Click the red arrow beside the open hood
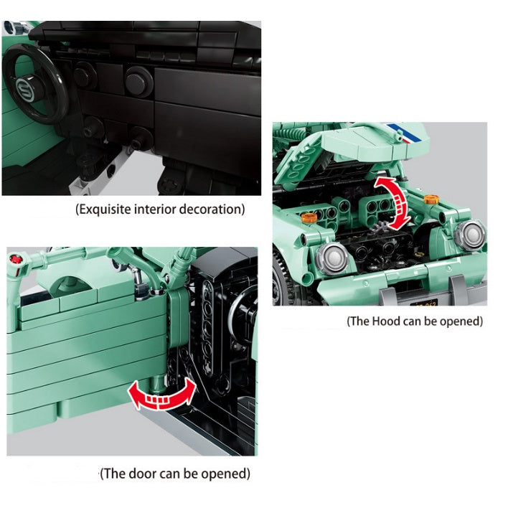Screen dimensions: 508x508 pyautogui.click(x=392, y=204)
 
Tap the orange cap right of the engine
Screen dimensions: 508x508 pyautogui.click(x=431, y=199)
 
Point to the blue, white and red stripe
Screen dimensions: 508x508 pyautogui.click(x=405, y=133)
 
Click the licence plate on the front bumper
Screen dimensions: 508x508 pyautogui.click(x=424, y=303)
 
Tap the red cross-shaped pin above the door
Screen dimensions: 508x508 pyautogui.click(x=15, y=260)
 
